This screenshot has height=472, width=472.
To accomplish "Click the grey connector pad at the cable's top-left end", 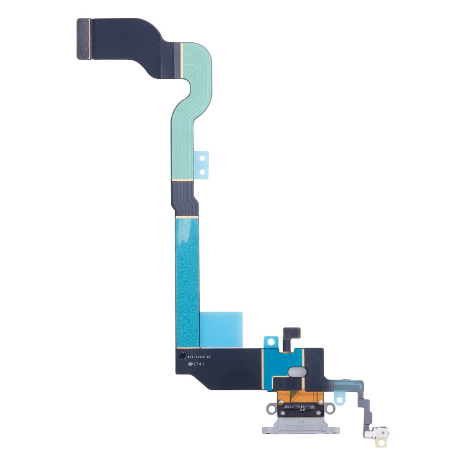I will click(x=84, y=39).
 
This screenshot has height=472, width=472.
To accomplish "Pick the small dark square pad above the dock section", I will click(x=291, y=332).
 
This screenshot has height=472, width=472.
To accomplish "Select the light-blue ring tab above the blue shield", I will click(x=270, y=341).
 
